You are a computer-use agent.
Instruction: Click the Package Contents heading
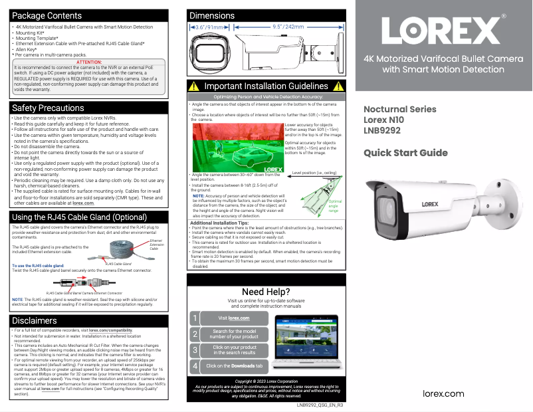click(47, 15)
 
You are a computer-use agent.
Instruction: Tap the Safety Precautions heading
click(48, 108)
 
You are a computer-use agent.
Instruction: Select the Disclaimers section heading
click(35, 320)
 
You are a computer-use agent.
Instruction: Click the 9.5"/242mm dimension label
click(288, 27)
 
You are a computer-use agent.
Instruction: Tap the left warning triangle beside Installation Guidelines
click(193, 86)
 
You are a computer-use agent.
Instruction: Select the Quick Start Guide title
click(405, 153)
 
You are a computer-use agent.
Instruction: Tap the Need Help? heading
click(266, 292)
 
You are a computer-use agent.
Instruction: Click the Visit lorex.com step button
click(234, 318)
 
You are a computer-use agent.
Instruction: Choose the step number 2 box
click(195, 334)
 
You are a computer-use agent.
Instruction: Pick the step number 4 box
click(195, 365)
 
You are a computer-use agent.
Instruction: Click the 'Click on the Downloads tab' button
click(234, 365)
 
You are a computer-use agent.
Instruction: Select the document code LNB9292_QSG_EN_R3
click(320, 404)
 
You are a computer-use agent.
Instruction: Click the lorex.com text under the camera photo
click(443, 393)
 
